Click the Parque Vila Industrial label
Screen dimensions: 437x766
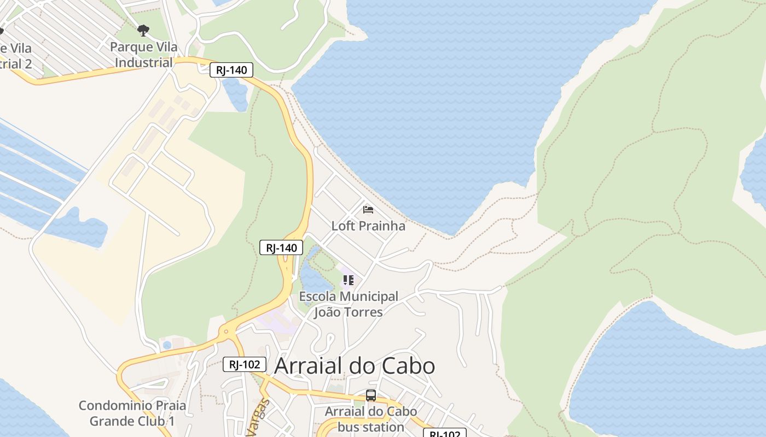(143, 55)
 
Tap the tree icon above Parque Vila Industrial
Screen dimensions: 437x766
(143, 31)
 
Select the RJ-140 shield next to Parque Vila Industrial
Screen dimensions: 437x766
(231, 70)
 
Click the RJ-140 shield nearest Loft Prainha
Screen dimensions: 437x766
(281, 247)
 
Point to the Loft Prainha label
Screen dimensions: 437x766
(368, 226)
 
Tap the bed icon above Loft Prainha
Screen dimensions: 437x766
(368, 210)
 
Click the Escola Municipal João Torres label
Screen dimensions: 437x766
(349, 304)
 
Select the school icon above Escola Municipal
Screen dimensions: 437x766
(349, 281)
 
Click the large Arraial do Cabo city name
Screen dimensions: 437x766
(354, 365)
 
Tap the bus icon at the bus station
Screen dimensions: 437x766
(371, 395)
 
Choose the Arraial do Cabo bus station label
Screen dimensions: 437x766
(370, 419)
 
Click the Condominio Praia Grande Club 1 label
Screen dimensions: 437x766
(132, 414)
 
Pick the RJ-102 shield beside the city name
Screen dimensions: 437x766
(245, 364)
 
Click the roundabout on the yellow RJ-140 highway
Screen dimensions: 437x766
(225, 332)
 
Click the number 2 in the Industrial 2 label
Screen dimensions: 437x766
(27, 64)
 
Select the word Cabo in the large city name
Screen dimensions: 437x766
(410, 365)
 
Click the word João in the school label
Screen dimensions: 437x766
(328, 312)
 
